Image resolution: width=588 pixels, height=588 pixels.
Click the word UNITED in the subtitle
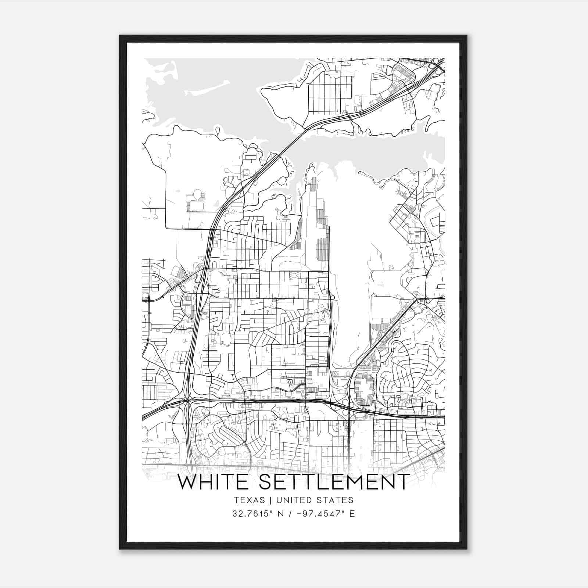pos(294,500)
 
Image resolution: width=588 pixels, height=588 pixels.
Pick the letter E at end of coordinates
pos(352,514)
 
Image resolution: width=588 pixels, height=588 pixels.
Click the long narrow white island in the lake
pos(210,88)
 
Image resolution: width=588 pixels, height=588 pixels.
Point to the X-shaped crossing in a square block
pos(294,276)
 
